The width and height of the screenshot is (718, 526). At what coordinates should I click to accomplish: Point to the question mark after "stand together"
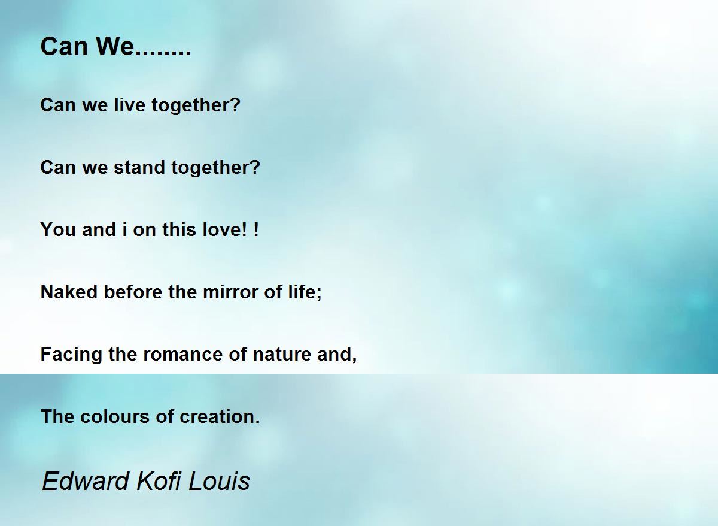[x=255, y=167]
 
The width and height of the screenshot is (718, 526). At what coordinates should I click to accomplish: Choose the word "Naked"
[x=69, y=292]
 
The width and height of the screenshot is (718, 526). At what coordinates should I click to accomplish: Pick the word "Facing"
[x=71, y=354]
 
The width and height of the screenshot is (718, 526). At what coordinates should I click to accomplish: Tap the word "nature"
[x=281, y=354]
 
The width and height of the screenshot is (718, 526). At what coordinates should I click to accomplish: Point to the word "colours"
[x=115, y=416]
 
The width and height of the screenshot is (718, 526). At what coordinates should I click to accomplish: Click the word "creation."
[x=220, y=416]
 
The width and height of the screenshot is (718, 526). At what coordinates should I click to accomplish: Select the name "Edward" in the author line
[x=85, y=481]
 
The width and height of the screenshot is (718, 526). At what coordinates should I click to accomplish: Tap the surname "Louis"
[x=218, y=481]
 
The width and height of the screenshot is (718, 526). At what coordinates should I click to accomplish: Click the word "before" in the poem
[x=133, y=292]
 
